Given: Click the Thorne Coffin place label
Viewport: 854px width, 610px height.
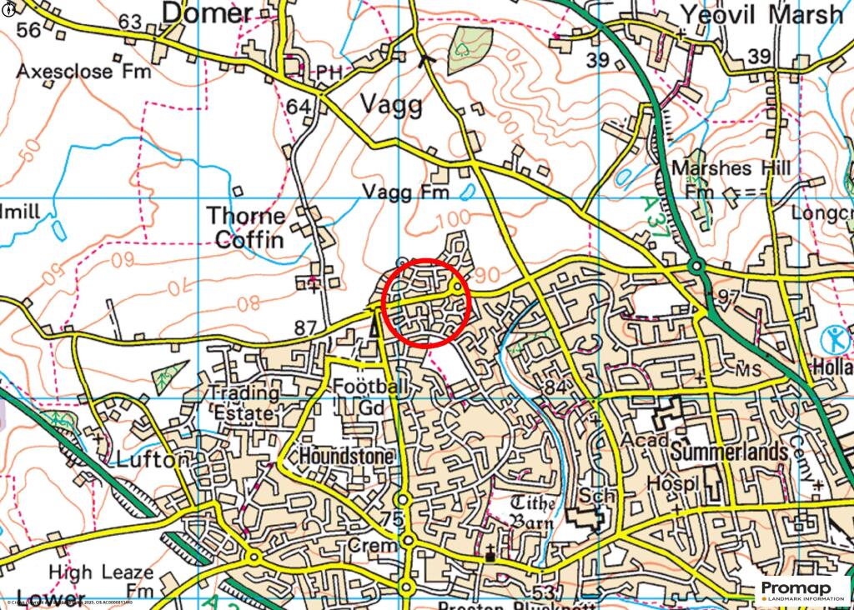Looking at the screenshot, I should [x=247, y=227].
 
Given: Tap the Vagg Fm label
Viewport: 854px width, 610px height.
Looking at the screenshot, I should [x=406, y=192].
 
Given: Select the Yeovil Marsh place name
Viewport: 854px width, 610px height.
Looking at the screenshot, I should [x=761, y=14].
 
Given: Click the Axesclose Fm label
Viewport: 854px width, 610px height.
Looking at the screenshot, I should [x=84, y=72].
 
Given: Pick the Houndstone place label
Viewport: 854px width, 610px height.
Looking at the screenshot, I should [x=347, y=457].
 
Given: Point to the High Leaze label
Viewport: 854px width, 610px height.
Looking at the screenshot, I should [x=101, y=572].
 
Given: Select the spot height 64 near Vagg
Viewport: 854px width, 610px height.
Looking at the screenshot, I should [x=298, y=107].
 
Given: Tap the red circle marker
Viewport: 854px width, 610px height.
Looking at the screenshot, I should [x=426, y=303].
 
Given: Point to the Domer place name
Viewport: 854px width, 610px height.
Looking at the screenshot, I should [x=207, y=13].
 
